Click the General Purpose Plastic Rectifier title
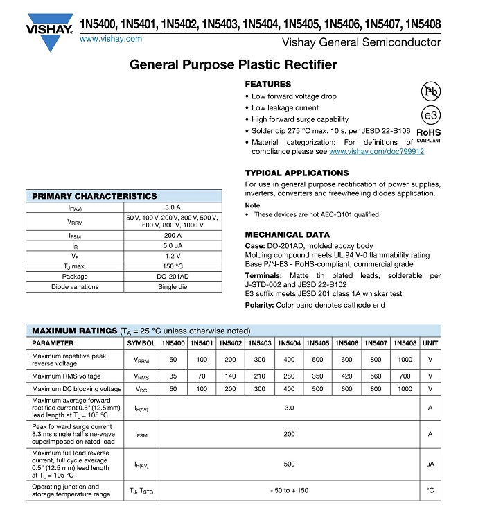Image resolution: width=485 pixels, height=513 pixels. pyautogui.click(x=233, y=65)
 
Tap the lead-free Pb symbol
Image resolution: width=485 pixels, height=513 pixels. pyautogui.click(x=431, y=91)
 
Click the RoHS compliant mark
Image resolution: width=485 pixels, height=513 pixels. pyautogui.click(x=429, y=134)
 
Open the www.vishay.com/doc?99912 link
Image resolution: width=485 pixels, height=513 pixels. pyautogui.click(x=376, y=151)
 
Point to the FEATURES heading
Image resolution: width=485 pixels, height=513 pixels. pyautogui.click(x=268, y=84)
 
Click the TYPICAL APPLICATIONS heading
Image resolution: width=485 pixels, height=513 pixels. pyautogui.click(x=297, y=173)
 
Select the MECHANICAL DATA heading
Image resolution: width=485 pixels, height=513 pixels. pyautogui.click(x=288, y=234)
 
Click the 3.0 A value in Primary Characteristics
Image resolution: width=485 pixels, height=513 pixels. pyautogui.click(x=173, y=207)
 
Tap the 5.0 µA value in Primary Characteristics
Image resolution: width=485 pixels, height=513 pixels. pyautogui.click(x=173, y=245)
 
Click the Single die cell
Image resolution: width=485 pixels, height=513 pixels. pyautogui.click(x=173, y=287)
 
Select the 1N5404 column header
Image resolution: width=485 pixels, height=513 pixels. pyautogui.click(x=289, y=343)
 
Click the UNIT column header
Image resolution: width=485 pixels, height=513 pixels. pyautogui.click(x=430, y=343)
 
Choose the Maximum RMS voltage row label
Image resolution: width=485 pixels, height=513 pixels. pyautogui.click(x=67, y=376)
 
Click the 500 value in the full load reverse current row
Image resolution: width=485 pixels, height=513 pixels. pyautogui.click(x=289, y=464)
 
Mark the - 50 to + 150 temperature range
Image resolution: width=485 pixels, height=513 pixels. pyautogui.click(x=289, y=491)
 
